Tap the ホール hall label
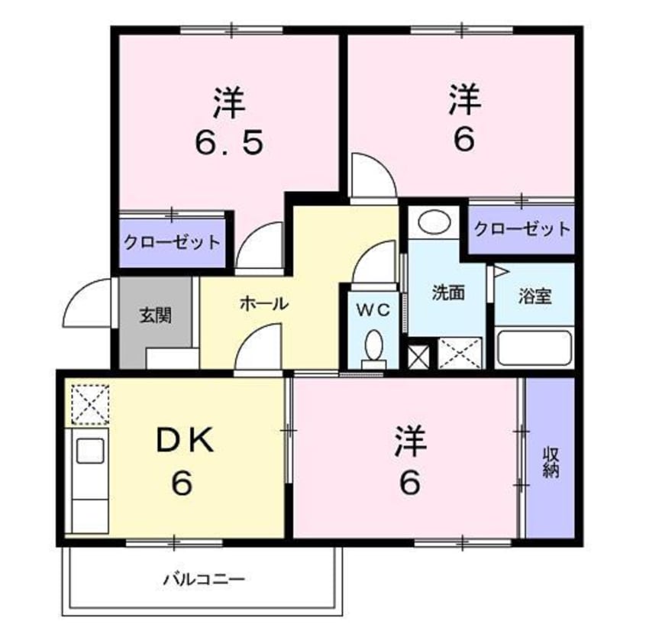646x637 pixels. [264, 303]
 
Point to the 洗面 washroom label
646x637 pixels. [447, 293]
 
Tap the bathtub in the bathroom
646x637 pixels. [534, 348]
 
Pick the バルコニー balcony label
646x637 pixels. [204, 579]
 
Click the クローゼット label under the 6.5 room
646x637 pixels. [173, 243]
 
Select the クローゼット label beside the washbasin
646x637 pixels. [522, 228]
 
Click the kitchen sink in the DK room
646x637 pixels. [89, 451]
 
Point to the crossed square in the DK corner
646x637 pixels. [89, 403]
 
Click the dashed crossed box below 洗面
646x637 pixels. [460, 354]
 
